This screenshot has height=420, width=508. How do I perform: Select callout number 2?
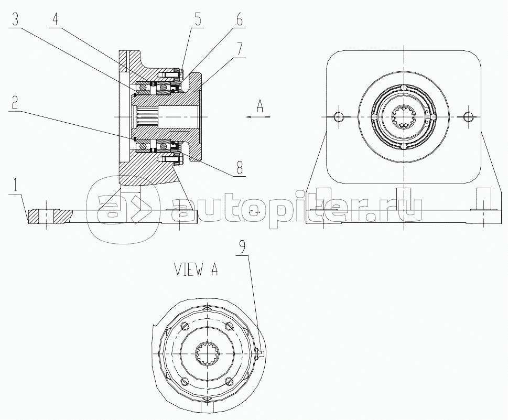pyautogui.click(x=14, y=103)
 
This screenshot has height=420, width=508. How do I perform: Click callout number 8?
pyautogui.click(x=239, y=168)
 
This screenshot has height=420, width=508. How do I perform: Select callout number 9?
pyautogui.click(x=243, y=247)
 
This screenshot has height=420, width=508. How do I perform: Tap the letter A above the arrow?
pyautogui.click(x=260, y=106)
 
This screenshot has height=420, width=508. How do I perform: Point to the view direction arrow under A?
pyautogui.click(x=258, y=117)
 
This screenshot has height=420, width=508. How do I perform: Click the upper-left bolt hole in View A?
pyautogui.click(x=185, y=326)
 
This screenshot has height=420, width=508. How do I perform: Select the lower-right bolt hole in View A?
pyautogui.click(x=230, y=381)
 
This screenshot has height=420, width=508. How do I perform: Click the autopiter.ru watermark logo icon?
pyautogui.click(x=123, y=209)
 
